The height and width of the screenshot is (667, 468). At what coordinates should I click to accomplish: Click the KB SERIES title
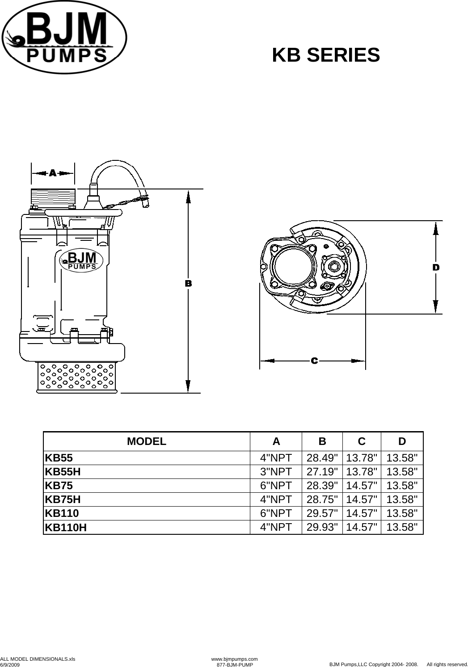coord(326,55)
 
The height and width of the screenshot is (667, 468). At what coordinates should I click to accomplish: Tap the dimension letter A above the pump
coord(53,173)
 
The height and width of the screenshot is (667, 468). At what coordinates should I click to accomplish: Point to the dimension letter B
coord(188,283)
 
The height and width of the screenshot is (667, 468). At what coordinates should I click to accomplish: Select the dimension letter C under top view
coord(314,360)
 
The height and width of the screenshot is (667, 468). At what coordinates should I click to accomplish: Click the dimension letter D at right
coord(436,267)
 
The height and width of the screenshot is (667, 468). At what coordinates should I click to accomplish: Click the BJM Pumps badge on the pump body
coord(81,260)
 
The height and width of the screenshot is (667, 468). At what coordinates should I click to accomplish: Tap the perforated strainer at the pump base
coord(76,377)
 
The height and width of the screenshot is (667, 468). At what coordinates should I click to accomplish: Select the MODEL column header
coord(147,441)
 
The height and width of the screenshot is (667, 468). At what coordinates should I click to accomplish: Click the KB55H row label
coord(63,472)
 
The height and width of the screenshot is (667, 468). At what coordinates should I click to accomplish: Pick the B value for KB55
coord(322,458)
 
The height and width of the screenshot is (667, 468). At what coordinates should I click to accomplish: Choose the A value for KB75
coord(276,485)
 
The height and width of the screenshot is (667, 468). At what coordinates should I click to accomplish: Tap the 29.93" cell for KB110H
coord(322,527)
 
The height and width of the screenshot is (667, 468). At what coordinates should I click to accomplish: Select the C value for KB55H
coord(362,472)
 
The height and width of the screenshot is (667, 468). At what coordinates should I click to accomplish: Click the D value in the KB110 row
coord(402,513)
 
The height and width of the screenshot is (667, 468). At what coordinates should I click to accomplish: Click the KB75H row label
coord(63,499)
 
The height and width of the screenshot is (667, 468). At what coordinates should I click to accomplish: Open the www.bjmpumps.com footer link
coord(234,659)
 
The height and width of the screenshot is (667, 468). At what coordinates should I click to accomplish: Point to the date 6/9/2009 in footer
coord(10,665)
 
